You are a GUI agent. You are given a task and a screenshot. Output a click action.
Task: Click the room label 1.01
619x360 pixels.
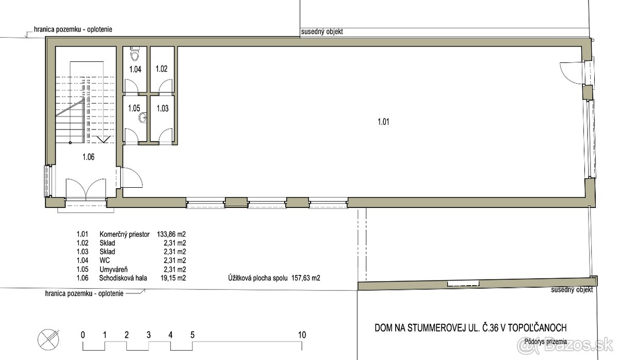[x=382, y=122]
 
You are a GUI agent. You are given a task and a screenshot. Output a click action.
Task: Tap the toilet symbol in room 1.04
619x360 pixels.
[x=135, y=54]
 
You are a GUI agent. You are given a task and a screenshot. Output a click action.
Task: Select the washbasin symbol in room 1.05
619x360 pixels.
[x=142, y=120]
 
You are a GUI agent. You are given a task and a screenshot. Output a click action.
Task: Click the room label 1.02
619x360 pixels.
[x=162, y=69]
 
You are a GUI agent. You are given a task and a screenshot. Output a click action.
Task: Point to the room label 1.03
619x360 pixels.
[x=162, y=108]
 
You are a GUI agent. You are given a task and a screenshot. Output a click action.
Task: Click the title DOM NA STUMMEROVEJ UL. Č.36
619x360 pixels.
[x=470, y=328]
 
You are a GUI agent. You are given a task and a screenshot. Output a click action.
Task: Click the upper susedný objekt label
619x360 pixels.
[x=322, y=32]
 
